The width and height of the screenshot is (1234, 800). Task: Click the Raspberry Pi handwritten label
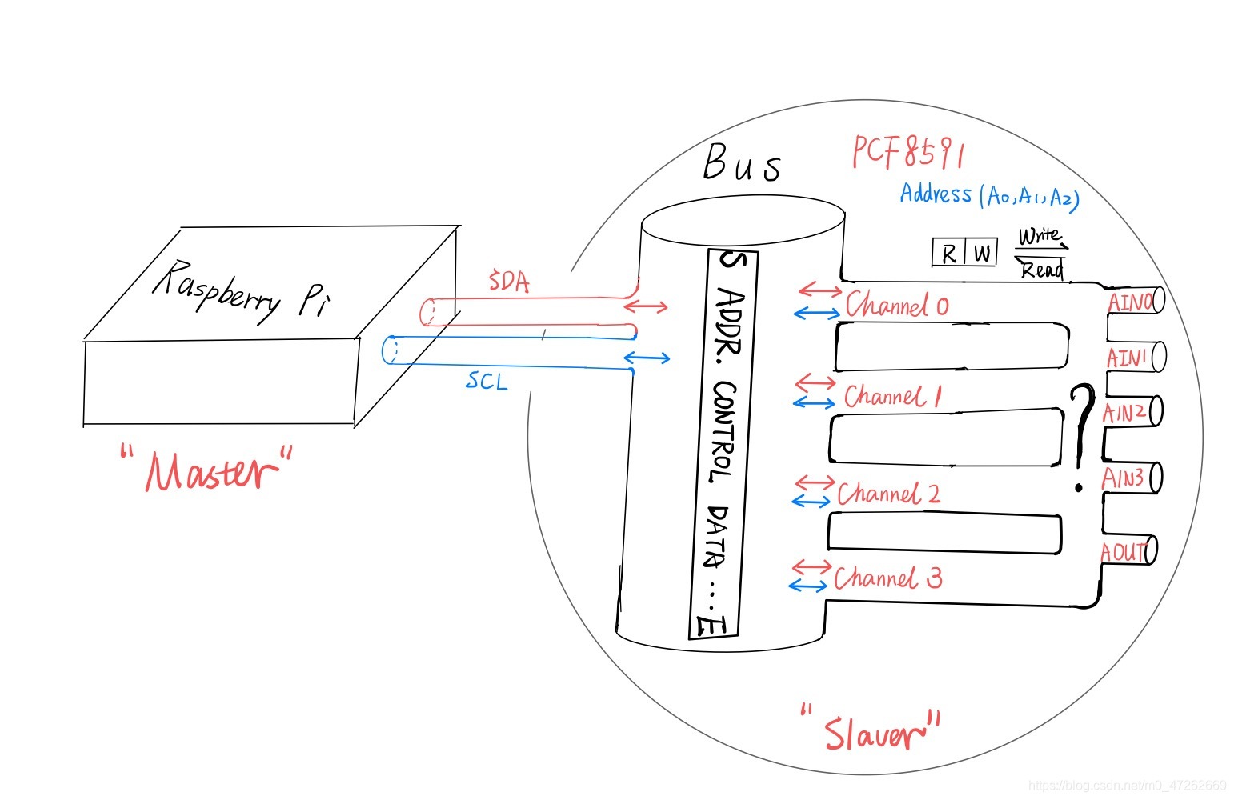click(242, 292)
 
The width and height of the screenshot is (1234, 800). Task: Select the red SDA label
click(509, 281)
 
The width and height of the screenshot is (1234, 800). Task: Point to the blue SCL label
click(486, 381)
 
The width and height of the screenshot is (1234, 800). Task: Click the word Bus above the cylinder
click(742, 162)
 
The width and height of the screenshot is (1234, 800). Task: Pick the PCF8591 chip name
click(907, 152)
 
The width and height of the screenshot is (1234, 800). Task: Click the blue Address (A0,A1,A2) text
click(989, 195)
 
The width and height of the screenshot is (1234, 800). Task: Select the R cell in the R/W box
click(948, 254)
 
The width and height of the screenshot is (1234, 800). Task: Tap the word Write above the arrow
click(1040, 236)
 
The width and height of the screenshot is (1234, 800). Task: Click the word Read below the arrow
click(1042, 270)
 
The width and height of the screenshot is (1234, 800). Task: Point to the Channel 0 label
click(897, 305)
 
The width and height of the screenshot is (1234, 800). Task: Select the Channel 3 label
click(888, 578)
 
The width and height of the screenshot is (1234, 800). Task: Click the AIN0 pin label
click(1131, 302)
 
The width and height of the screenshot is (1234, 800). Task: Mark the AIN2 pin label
click(1124, 413)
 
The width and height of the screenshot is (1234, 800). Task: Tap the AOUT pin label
click(1124, 552)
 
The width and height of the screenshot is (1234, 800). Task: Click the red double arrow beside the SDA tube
click(646, 306)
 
